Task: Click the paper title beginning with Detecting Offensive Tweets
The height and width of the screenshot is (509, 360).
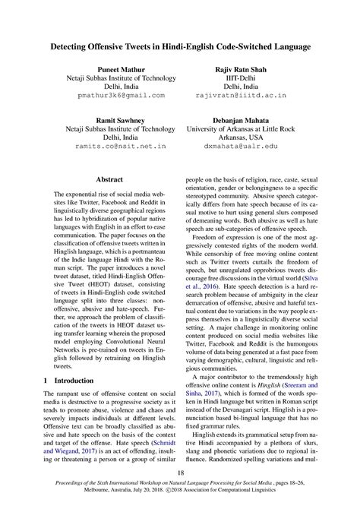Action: pos(180,47)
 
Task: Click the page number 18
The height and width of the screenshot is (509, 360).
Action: pos(180,472)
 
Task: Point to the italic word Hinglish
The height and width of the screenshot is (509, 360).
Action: pos(276,385)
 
